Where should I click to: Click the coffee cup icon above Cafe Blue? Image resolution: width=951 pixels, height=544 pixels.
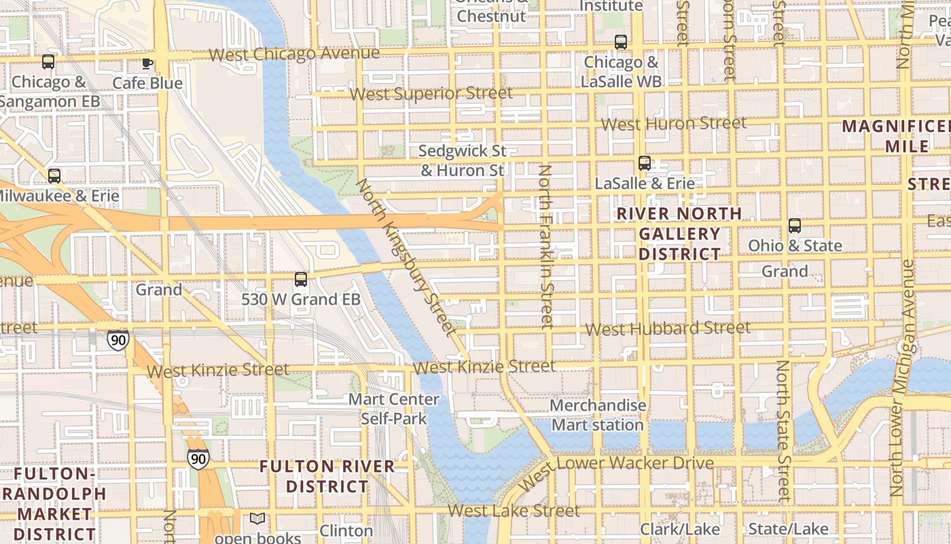[x=147, y=64]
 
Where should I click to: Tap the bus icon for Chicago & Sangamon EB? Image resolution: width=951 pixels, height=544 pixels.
[x=48, y=62]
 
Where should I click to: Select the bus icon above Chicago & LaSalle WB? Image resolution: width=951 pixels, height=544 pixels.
[x=621, y=42]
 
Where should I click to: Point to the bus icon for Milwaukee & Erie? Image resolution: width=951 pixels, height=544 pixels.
[x=54, y=176]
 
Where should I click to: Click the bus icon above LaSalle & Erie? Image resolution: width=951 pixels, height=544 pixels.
[x=645, y=163]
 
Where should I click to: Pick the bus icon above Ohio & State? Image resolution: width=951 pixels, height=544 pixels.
[x=795, y=226]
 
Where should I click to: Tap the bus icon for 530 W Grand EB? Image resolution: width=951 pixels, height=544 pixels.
[x=301, y=279]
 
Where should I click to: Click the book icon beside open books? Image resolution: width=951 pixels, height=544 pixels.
[x=257, y=519]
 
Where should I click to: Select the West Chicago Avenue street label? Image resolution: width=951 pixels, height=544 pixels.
[x=294, y=54]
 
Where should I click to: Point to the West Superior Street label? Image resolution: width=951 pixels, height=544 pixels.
[x=431, y=93]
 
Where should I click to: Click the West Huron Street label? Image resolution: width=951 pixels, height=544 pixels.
[x=673, y=124]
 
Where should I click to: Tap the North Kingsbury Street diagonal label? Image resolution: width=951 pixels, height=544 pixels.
[x=405, y=257]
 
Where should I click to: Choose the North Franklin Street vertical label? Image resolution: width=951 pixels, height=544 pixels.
[x=545, y=246]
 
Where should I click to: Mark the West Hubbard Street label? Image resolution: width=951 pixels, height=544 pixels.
[x=668, y=328]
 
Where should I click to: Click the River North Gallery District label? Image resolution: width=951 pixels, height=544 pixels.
[x=679, y=234]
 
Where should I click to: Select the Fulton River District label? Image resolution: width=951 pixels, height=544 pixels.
[x=327, y=477]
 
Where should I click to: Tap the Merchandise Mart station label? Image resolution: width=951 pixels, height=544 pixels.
[x=598, y=415]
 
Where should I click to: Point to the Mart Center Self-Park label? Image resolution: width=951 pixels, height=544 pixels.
[x=394, y=409]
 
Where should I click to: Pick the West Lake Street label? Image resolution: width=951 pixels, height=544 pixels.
[x=514, y=510]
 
